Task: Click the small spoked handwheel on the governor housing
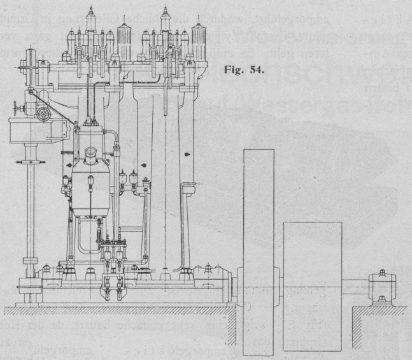coord(43,114)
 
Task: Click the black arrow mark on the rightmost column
coord(187,154)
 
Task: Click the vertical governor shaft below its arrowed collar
coord(30,217)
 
